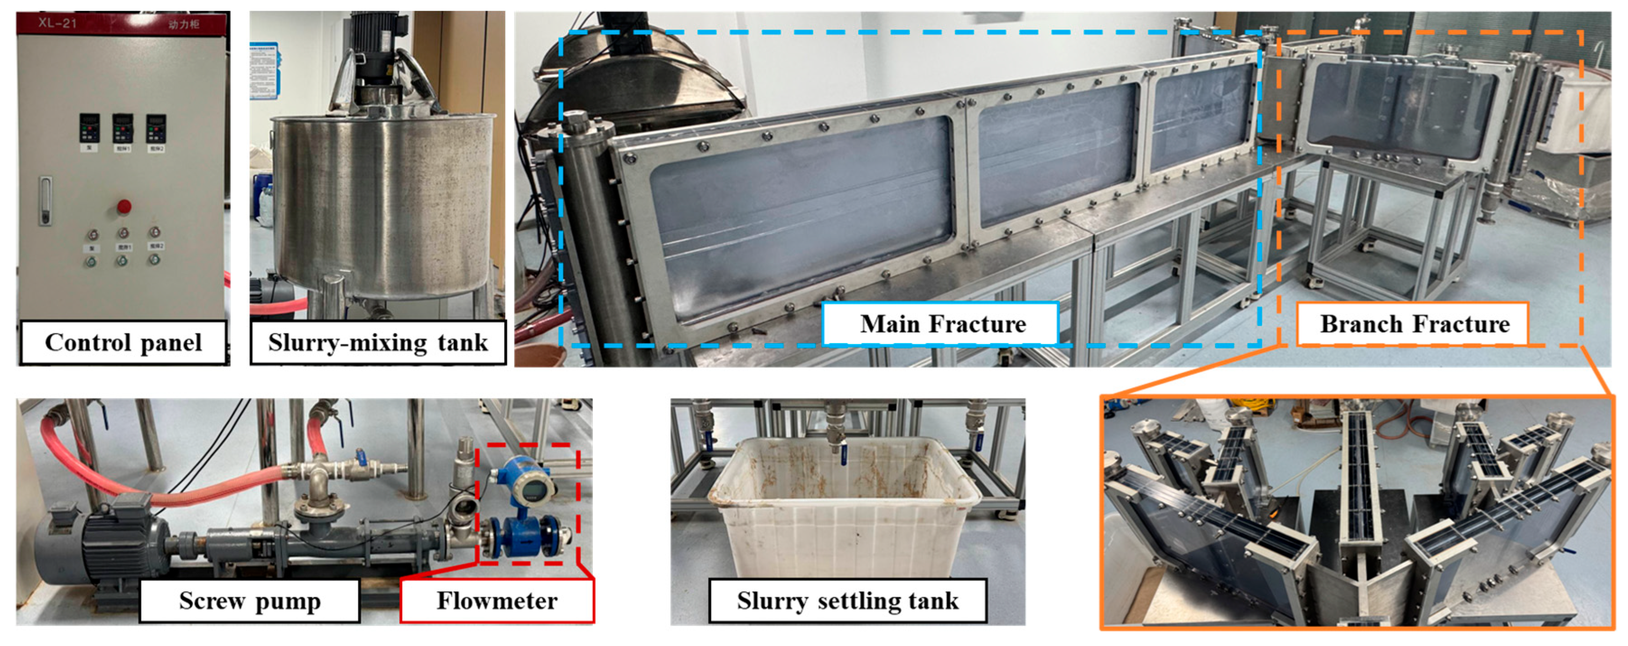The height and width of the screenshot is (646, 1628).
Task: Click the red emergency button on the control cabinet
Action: click(x=124, y=206)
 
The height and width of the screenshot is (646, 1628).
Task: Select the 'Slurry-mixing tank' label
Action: click(x=378, y=342)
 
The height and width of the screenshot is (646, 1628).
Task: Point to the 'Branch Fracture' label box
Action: click(x=1414, y=324)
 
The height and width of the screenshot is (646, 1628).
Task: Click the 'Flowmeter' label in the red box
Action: click(x=498, y=600)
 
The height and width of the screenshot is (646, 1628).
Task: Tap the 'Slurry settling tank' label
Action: click(x=847, y=600)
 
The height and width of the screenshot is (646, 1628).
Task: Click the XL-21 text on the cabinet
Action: click(x=57, y=23)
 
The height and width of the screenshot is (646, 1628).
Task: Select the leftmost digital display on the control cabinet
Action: click(x=90, y=128)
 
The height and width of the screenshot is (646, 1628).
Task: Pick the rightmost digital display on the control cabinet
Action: click(x=156, y=128)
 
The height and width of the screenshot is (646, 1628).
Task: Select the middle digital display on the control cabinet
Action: click(x=123, y=128)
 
